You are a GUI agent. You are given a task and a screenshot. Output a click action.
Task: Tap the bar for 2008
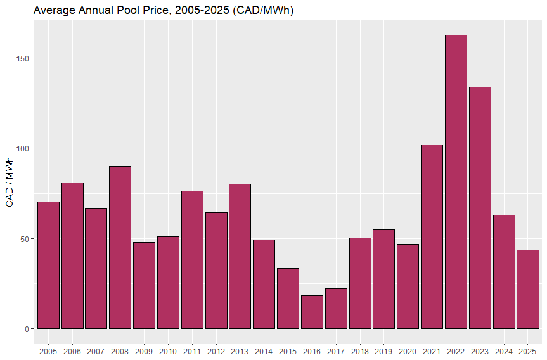120,247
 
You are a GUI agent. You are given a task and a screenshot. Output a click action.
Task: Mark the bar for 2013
240,256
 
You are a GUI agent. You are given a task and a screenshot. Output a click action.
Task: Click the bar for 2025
527,289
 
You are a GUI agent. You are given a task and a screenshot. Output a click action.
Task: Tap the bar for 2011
192,260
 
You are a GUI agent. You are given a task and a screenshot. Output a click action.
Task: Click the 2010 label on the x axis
168,351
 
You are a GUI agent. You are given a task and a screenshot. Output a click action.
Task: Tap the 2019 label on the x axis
383,351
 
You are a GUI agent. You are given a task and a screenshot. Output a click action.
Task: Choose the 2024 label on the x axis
503,351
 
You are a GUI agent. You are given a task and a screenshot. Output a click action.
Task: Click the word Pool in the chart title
122,11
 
